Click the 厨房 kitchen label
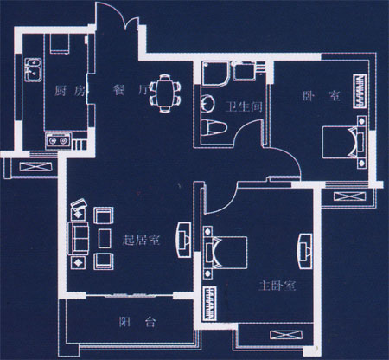pyautogui.click(x=70, y=91)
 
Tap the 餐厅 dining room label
pyautogui.click(x=131, y=90)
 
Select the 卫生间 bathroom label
pyautogui.click(x=244, y=106)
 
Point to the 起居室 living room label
pyautogui.click(x=141, y=240)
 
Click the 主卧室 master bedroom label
pyautogui.click(x=277, y=286)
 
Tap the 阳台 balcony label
pyautogui.click(x=137, y=322)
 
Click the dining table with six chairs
pyautogui.click(x=165, y=93)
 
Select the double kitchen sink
pyautogui.click(x=33, y=69)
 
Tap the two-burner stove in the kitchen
pyautogui.click(x=58, y=141)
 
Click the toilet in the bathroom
pyautogui.click(x=214, y=127)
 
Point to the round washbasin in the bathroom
pyautogui.click(x=207, y=103)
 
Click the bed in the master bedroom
pyautogui.click(x=226, y=253)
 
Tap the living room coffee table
pyautogui.click(x=105, y=239)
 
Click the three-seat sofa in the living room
pyautogui.click(x=78, y=239)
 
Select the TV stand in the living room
pyautogui.click(x=183, y=240)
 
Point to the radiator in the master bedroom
pyautogui.click(x=210, y=304)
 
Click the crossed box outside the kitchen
pyautogui.click(x=35, y=166)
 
